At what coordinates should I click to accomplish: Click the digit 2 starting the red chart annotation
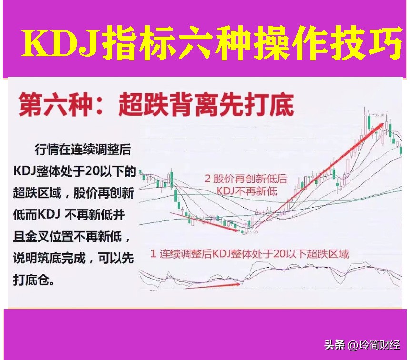208,179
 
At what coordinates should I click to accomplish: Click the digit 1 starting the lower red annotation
153,253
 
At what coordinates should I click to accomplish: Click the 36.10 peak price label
379,115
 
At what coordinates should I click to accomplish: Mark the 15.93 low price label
251,232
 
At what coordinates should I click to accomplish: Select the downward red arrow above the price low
205,221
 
